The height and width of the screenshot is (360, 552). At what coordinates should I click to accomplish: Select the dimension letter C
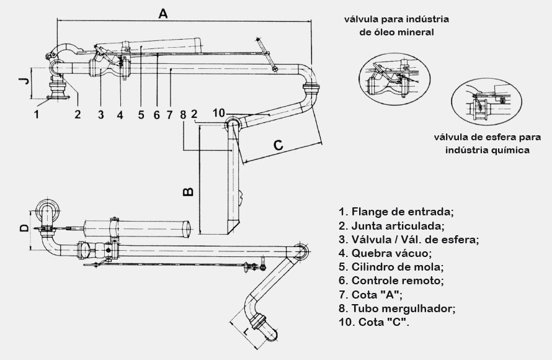278,145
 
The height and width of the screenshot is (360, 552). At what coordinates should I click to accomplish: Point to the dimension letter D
24,228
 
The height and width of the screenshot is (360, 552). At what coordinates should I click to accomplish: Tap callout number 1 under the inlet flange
37,114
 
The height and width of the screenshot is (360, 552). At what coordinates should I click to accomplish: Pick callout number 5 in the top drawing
141,114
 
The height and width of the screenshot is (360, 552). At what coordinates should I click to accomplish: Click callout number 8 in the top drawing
183,114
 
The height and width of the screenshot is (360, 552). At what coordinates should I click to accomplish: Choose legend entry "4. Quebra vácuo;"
386,253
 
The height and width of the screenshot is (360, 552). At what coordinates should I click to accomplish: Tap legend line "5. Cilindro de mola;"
391,267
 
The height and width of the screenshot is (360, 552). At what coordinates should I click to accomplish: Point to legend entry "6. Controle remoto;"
392,281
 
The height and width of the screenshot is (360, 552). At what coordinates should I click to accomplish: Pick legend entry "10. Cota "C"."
374,323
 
